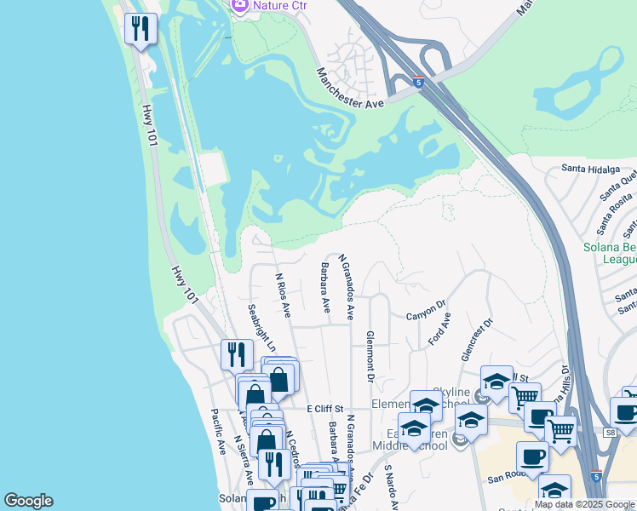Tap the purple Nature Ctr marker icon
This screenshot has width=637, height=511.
(239, 5)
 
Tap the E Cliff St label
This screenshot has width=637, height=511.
(324, 409)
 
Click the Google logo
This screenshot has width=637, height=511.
(28, 501)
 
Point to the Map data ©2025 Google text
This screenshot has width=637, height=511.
(584, 505)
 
